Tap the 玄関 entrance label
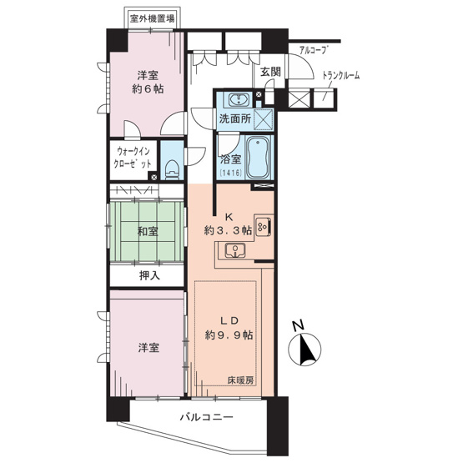point(269,73)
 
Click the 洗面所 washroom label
point(234,118)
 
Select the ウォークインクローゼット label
point(134,158)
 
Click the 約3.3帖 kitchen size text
point(228,232)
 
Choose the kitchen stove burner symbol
point(263,225)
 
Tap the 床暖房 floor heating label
point(240,381)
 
